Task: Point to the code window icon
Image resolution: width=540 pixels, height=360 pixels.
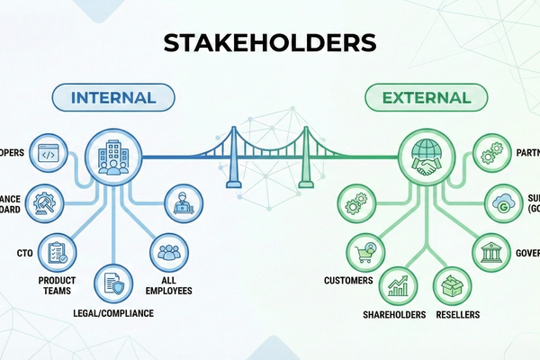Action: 48,154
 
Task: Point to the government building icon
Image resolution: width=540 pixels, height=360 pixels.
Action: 492,252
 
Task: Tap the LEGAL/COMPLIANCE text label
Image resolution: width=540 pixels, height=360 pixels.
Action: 113,313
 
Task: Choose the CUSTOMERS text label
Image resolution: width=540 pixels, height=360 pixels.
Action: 348,281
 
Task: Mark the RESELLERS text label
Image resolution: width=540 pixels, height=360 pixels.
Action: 454,315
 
